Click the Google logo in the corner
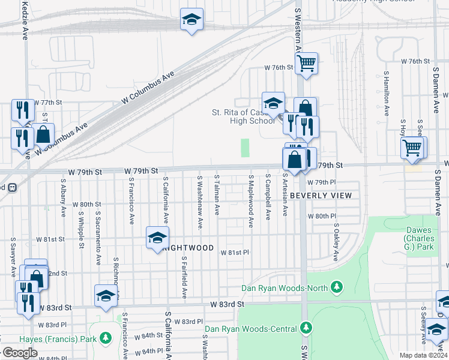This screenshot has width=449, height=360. (x=19, y=352)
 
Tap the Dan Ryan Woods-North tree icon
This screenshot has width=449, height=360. (x=337, y=288)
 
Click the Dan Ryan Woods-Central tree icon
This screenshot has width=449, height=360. (x=307, y=328)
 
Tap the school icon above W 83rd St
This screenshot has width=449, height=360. (x=106, y=295)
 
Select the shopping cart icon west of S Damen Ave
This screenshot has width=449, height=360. (x=412, y=147)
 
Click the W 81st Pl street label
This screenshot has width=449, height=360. (x=234, y=253)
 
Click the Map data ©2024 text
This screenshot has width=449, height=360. (x=423, y=355)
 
